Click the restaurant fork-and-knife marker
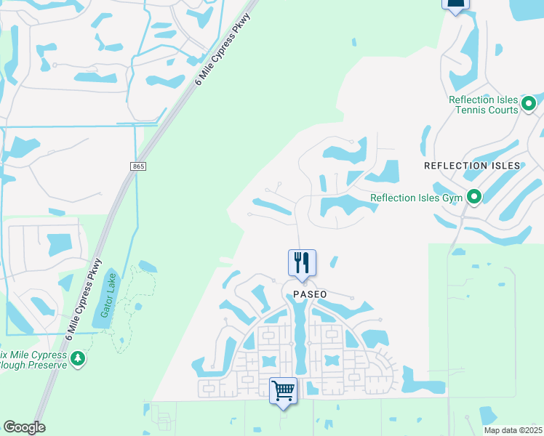pos(303,262)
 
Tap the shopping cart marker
pos(283,390)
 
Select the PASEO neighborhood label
pos(310,294)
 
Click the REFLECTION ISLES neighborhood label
pos(472,166)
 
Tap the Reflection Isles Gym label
pos(417,197)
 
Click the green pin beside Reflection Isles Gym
pos(474,196)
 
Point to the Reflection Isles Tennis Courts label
pos(483,105)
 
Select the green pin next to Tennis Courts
pos(530,104)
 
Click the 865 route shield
pos(139,166)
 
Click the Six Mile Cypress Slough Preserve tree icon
pos(78,358)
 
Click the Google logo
pos(24,427)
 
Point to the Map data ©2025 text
pos(513,430)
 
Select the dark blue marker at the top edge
pos(455,5)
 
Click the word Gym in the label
pos(450,197)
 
